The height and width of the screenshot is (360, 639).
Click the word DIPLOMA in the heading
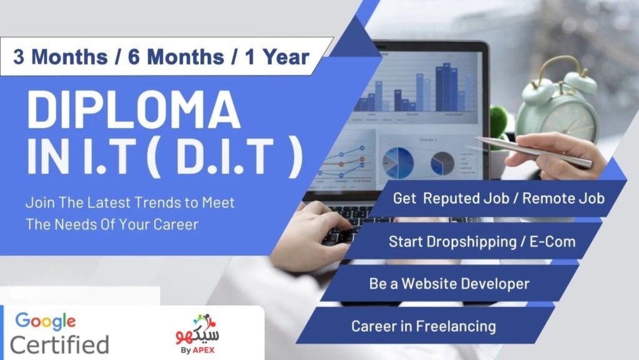pyautogui.click(x=134, y=110)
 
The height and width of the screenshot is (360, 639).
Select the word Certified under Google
pyautogui.click(x=59, y=344)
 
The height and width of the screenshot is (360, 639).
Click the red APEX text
pyautogui.click(x=203, y=350)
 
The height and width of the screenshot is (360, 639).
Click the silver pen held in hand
pyautogui.click(x=534, y=152)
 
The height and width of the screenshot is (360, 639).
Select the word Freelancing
pyautogui.click(x=456, y=326)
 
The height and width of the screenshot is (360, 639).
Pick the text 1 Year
pyautogui.click(x=277, y=57)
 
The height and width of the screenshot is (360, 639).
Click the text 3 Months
pyautogui.click(x=61, y=57)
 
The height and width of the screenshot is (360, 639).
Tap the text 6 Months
pyautogui.click(x=176, y=57)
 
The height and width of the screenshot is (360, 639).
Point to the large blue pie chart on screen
pyautogui.click(x=398, y=163)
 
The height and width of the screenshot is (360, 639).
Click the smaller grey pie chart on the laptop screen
pyautogui.click(x=442, y=163)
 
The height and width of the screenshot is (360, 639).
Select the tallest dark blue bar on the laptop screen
pyautogui.click(x=447, y=87)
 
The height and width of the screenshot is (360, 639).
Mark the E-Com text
pyautogui.click(x=552, y=242)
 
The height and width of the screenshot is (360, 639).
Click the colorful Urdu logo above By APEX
pyautogui.click(x=198, y=330)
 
